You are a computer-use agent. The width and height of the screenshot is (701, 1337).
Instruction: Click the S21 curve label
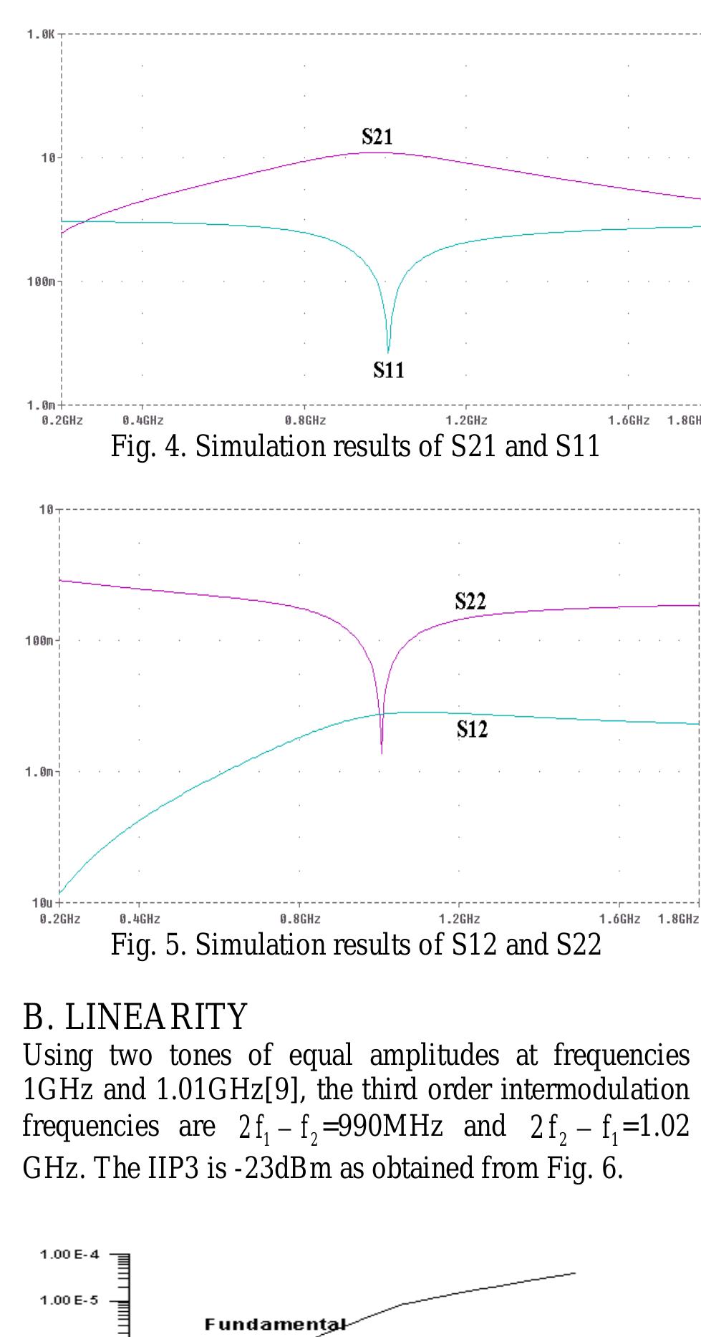point(377,137)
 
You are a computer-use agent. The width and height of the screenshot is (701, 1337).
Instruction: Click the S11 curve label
point(389,370)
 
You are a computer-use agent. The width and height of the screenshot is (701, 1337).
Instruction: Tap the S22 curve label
point(470,602)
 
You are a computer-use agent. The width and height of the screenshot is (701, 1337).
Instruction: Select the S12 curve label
point(472,730)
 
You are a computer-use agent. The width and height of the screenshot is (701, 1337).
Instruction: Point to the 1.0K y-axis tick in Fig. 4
point(41,34)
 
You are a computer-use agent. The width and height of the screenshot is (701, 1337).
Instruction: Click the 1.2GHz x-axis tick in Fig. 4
point(466,420)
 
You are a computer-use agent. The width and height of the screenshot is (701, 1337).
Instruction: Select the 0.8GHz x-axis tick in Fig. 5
point(300,919)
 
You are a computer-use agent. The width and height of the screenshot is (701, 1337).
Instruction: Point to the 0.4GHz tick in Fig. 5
point(140,919)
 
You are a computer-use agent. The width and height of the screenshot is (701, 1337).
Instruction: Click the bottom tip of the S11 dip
point(388,352)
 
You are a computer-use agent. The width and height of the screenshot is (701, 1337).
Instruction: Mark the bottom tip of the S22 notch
point(382,752)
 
